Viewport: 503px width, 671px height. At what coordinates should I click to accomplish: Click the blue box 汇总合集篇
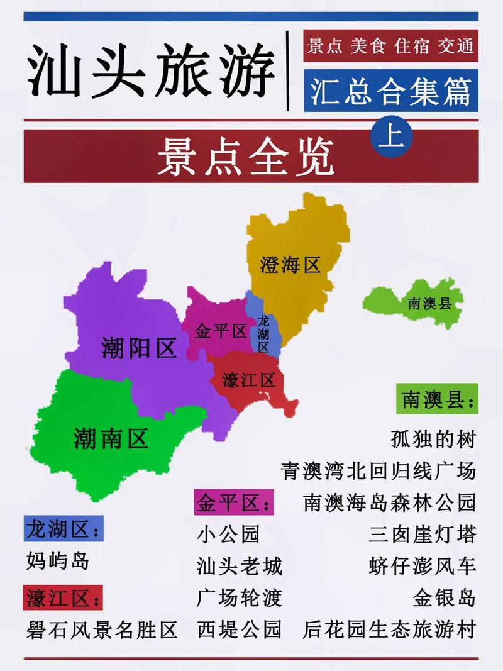point(390,92)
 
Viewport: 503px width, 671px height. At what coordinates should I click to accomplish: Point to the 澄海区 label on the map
point(290,265)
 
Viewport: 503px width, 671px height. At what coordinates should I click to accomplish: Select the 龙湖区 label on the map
point(263,334)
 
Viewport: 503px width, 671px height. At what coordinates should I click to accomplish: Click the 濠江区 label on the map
point(249,380)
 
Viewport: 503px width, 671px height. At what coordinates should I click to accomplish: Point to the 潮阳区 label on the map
point(139,348)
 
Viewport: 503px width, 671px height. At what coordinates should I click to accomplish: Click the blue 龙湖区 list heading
point(63,530)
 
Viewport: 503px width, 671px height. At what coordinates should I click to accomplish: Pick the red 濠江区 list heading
point(63,596)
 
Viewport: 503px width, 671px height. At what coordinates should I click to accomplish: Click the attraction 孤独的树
point(433,439)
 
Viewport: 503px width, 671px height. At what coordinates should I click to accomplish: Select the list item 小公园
point(228,535)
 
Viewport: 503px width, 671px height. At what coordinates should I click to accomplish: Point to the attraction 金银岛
point(444,596)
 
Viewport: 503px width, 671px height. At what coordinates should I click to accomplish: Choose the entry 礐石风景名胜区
point(102,629)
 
